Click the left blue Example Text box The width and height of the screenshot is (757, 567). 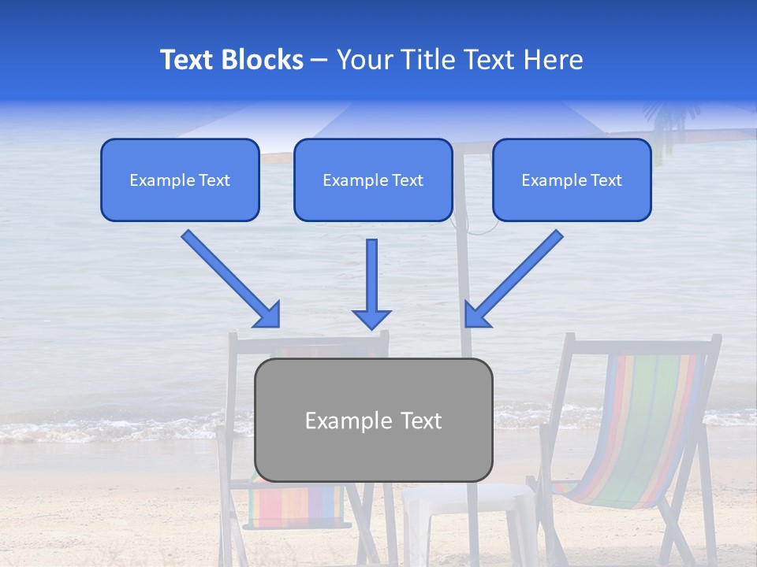pos(180,180)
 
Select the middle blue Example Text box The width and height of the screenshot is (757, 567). pos(373,180)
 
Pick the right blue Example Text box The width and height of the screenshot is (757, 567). pos(572,180)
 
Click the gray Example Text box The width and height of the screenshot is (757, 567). pos(373,421)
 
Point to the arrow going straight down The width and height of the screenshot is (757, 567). pos(371,280)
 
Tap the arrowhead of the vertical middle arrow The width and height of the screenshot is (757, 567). pos(371,318)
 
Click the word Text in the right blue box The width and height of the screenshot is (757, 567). pos(605,180)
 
